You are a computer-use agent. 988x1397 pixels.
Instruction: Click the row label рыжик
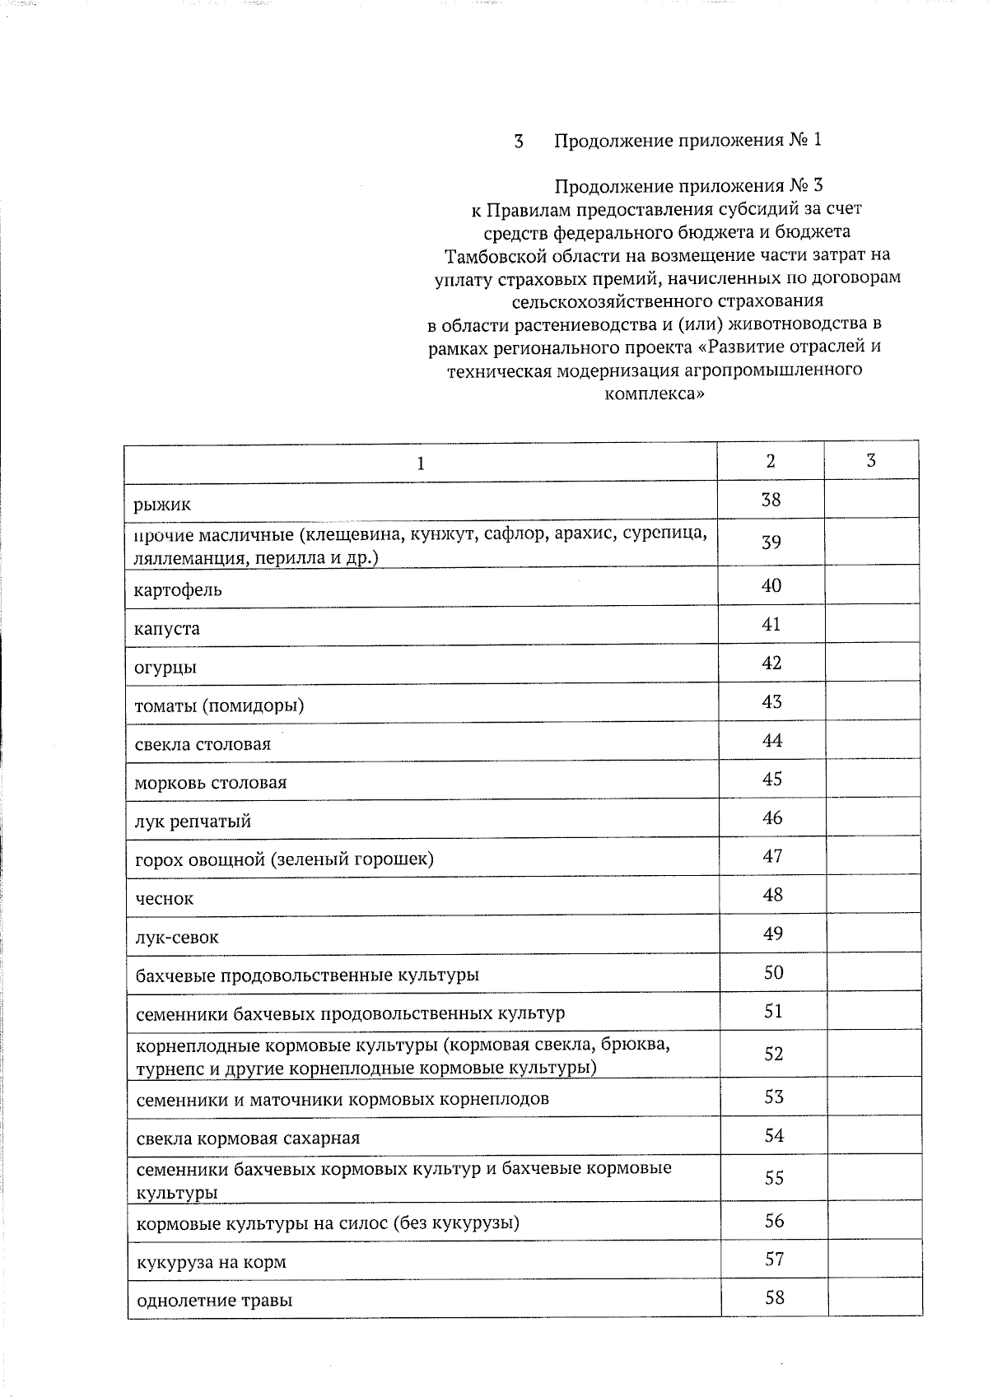point(163,504)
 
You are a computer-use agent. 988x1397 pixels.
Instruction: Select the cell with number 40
point(771,585)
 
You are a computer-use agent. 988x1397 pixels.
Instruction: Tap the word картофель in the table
point(178,590)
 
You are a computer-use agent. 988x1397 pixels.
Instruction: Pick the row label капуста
point(167,629)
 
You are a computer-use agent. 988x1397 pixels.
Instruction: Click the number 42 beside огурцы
point(771,663)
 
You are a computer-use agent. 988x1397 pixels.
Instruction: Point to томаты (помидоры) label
point(219,705)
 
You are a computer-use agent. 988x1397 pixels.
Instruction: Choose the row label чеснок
point(165,899)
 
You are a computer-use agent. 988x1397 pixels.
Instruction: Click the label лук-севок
point(177,938)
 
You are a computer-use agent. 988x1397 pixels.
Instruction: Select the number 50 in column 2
point(773,972)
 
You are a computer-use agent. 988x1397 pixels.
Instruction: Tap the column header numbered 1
point(421,463)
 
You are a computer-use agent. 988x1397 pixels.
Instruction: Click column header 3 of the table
point(871,461)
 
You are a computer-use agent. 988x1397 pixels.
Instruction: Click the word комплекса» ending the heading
point(655,393)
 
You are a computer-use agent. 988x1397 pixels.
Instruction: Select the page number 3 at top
point(519,141)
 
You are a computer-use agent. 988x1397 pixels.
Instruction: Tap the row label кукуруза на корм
point(211,1262)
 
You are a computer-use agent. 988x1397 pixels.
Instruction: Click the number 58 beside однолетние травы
point(774,1297)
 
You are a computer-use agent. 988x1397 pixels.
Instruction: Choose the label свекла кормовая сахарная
point(248,1139)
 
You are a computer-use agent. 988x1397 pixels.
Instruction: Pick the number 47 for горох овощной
point(772,856)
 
